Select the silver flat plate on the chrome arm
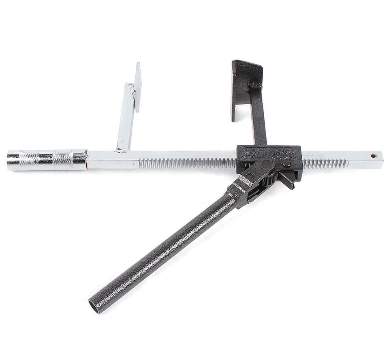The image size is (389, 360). point(138,87)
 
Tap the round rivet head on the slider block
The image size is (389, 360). point(286,164)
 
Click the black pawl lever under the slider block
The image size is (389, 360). point(288,180)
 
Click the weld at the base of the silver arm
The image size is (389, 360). point(121,150)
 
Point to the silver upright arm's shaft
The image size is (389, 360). point(126,118)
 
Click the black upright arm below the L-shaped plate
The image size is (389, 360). point(258,118)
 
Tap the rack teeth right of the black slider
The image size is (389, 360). point(324,163)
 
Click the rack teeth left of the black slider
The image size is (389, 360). point(186,163)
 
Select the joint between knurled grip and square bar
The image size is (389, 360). point(86,159)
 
